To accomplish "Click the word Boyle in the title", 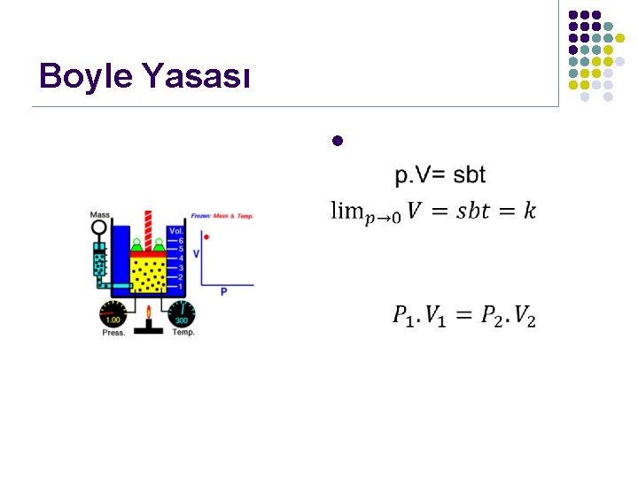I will pos(84,77).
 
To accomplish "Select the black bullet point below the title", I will pos(337,141).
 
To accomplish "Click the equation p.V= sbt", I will pos(440,175).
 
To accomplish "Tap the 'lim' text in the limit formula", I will pos(346,211).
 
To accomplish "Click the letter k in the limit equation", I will pos(529,211).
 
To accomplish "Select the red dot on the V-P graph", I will pos(206,236).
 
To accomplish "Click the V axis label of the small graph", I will pos(197,253).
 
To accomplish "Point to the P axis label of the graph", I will pos(224,291).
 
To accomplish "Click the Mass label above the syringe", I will pos(99,215).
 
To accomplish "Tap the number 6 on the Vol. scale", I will pos(180,241).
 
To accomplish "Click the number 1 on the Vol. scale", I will pos(180,286).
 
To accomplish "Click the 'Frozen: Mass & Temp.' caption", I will pos(222,216).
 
